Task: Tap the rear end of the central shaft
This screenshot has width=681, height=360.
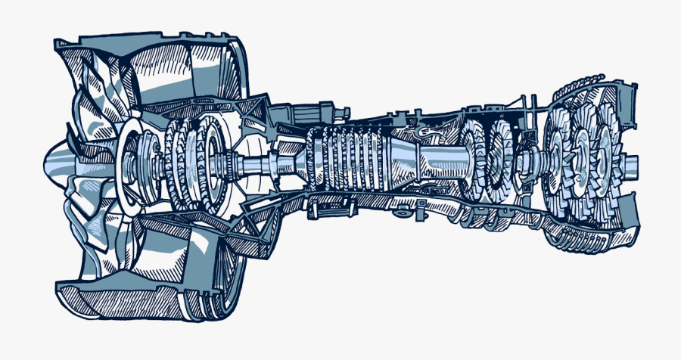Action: [x=634, y=161]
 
